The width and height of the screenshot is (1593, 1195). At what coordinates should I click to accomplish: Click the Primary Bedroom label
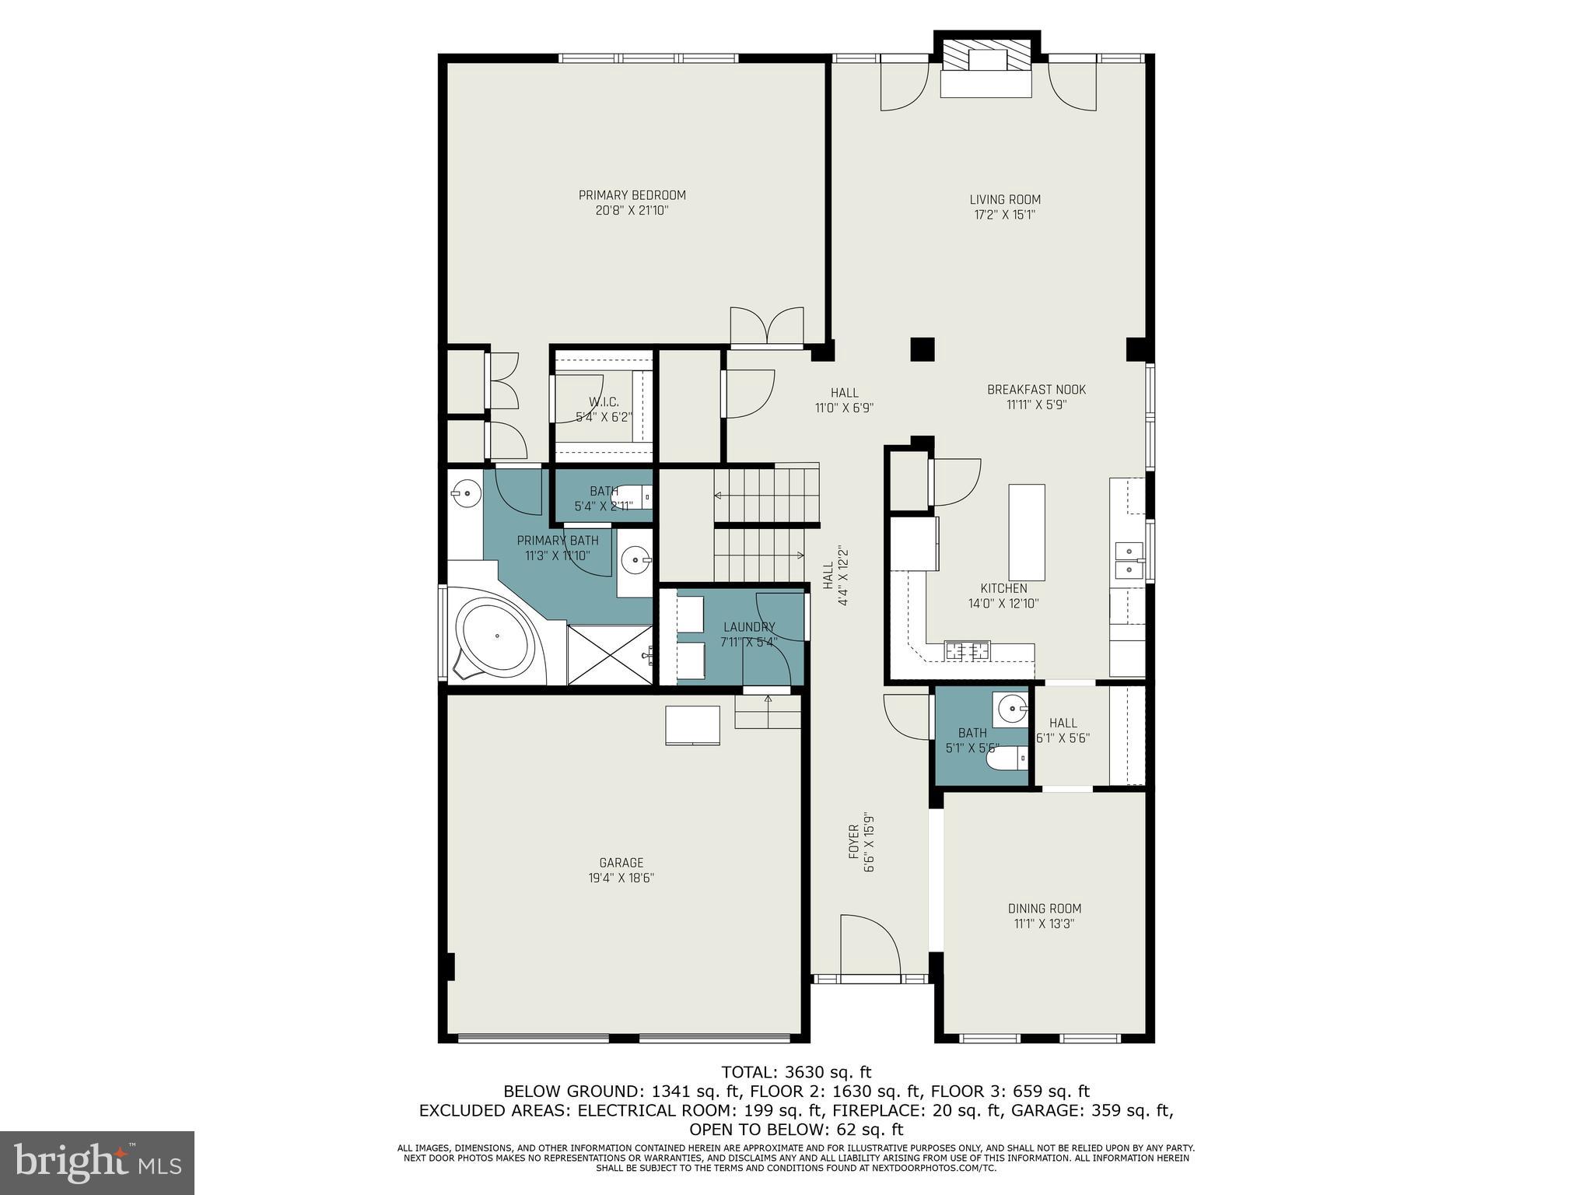632,195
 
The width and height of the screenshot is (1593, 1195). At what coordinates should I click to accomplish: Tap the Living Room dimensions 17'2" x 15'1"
1004,215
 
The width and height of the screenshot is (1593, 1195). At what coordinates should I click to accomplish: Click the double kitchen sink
1129,561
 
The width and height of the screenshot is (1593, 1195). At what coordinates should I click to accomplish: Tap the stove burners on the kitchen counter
967,651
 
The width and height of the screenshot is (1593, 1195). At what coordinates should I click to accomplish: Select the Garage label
621,863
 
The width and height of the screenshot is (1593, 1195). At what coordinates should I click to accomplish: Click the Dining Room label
1044,909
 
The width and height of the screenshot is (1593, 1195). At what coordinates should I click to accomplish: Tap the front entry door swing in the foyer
870,946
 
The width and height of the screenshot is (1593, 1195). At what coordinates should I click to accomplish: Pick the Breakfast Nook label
1036,390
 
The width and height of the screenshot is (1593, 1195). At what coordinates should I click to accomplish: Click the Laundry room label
748,627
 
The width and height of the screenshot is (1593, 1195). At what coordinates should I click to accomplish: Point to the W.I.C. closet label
604,402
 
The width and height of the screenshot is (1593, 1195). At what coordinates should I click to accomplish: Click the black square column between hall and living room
922,349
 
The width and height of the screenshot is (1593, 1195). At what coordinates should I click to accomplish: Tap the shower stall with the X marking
609,654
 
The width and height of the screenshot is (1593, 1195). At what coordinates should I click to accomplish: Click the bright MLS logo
97,1163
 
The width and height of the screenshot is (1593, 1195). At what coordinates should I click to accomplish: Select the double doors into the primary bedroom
766,327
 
